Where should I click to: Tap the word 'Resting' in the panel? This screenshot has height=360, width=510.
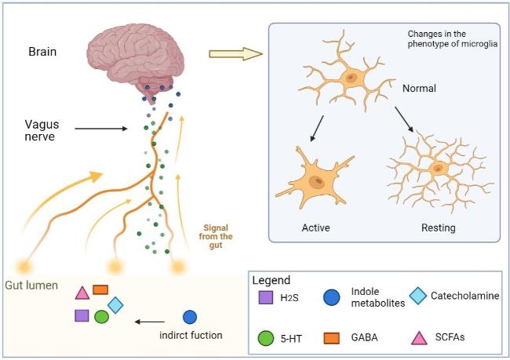click(437, 228)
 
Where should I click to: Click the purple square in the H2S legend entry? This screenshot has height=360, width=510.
click(264, 297)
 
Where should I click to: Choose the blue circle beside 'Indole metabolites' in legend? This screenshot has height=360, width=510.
click(332, 296)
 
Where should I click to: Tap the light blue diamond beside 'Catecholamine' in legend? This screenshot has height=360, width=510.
click(417, 296)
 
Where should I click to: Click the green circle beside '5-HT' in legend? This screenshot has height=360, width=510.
click(264, 338)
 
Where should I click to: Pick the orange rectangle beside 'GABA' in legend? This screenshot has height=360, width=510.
click(332, 338)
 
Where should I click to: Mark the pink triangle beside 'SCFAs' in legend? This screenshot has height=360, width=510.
click(418, 338)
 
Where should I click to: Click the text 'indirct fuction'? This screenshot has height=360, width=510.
click(191, 336)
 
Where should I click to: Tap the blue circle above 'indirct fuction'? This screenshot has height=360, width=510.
click(189, 317)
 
